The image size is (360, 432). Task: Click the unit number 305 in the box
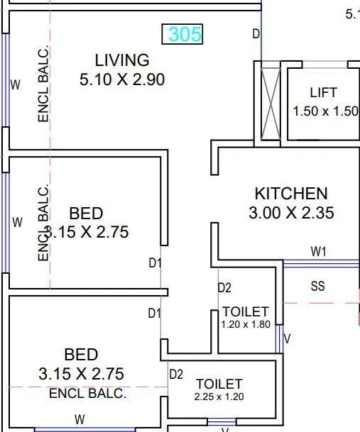pos(185,34)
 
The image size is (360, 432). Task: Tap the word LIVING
pos(122,60)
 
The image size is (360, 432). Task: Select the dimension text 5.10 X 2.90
pos(122,79)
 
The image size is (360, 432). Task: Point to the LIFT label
pos(323,93)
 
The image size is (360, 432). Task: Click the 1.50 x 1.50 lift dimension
pos(325,111)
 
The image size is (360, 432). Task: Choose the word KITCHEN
pos(291,193)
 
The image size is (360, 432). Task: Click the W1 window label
pos(318,251)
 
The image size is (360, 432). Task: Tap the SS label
pos(318,287)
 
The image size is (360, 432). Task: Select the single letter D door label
pos(256,34)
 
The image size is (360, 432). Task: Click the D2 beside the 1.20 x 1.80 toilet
pos(224,287)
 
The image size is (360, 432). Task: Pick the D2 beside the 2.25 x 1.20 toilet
pos(176,374)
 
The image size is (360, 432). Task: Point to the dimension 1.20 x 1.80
pos(246,324)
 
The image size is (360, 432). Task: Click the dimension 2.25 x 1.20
pos(219,397)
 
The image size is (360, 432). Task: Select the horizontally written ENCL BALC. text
pos(87,392)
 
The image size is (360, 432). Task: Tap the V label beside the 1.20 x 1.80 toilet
pos(287,339)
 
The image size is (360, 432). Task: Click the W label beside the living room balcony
pos(16,84)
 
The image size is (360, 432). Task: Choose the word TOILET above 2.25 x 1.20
pos(219,384)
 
